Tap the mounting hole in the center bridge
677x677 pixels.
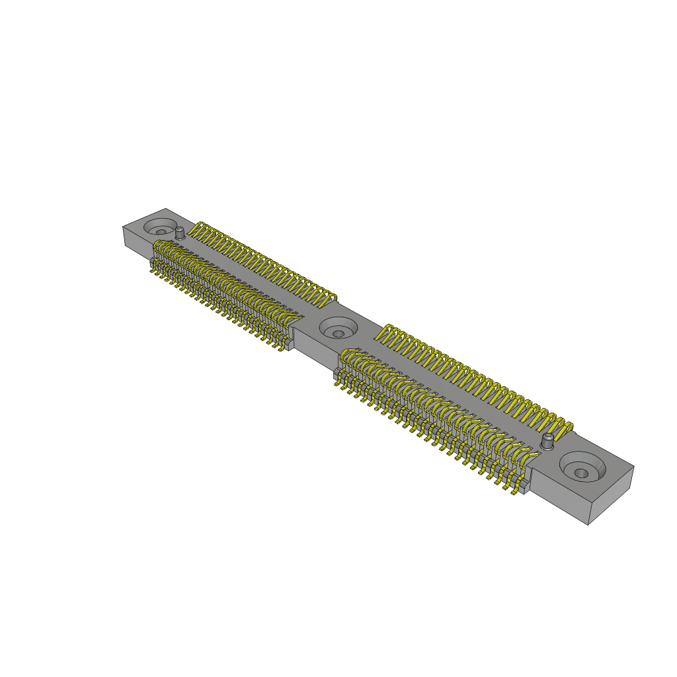point(338,333)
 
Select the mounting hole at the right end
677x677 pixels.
point(580,472)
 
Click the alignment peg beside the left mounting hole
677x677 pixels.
point(179,232)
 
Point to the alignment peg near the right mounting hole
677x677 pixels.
point(548,441)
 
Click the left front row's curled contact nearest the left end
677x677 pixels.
point(159,247)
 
